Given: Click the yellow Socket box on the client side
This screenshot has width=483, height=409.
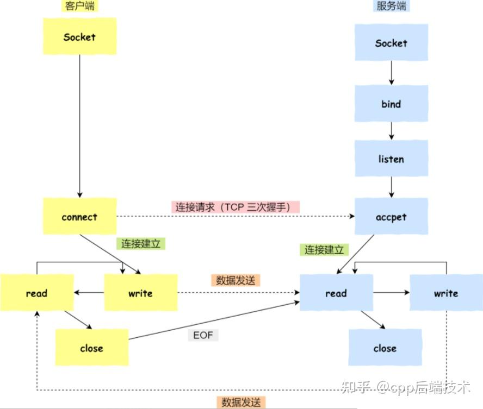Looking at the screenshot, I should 79,36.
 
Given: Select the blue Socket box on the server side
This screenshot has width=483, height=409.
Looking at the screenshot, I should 391,42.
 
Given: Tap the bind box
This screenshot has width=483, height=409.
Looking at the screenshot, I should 391,103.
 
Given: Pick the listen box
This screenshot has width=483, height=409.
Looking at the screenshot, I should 391,159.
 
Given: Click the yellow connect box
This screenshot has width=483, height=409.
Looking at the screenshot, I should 79,217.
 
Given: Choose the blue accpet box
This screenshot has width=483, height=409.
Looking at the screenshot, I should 391,217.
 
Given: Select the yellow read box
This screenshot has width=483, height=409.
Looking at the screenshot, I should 36,293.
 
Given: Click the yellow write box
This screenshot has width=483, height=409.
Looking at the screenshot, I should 140,293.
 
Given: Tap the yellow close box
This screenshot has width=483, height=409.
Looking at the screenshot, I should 91,348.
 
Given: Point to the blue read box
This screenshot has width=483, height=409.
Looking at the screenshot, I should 336,293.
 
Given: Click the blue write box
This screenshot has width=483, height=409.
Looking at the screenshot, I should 446,293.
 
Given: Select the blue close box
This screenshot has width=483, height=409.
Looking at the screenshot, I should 385,348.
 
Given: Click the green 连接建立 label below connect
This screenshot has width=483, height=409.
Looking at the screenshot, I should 140,244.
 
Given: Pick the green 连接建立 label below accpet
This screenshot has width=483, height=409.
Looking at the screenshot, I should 324,249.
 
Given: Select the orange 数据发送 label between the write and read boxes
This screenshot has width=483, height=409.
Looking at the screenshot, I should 235,280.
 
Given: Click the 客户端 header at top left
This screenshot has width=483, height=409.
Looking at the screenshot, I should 79,6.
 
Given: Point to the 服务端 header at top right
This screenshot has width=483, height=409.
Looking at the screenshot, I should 391,6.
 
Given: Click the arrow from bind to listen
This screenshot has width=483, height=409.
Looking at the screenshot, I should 391,130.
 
